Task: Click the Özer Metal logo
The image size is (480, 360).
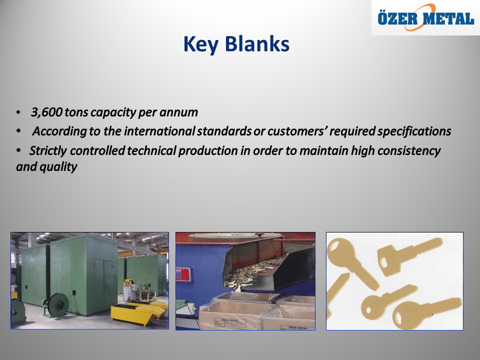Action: [425, 18]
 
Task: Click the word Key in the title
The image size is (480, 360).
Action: [200, 44]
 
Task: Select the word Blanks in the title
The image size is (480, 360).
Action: [257, 44]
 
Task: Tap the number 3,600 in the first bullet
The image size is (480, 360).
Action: [46, 112]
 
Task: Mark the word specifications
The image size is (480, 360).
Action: [414, 131]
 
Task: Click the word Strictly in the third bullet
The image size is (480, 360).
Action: [48, 150]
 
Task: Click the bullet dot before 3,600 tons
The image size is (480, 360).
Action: [18, 112]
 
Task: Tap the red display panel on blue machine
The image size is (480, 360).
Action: [183, 274]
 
